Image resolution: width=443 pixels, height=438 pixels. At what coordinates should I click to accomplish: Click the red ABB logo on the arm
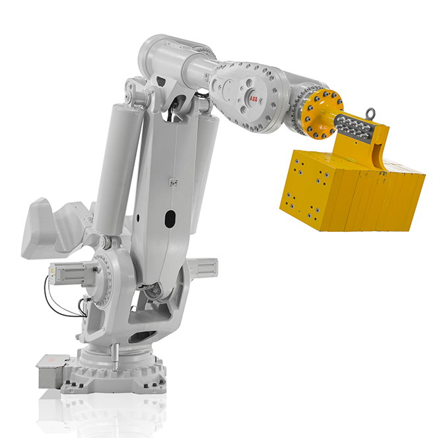253,98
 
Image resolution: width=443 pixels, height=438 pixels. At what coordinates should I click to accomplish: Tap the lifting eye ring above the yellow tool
370,114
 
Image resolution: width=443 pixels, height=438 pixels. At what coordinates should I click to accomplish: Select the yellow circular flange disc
323,114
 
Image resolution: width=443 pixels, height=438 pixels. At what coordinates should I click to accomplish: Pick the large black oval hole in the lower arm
170,219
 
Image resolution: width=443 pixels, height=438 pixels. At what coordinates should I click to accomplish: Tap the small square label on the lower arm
173,182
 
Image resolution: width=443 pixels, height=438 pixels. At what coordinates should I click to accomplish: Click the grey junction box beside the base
51,371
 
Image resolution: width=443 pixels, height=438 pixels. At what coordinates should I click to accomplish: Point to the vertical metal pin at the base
114,357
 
